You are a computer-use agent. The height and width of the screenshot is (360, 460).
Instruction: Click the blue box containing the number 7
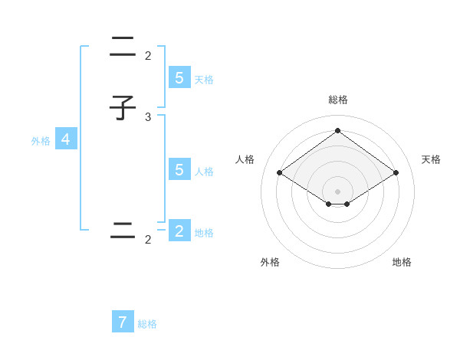tap(123, 322)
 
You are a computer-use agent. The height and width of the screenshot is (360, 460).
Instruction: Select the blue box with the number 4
tap(65, 139)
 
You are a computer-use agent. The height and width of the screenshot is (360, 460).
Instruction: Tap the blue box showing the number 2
tap(179, 231)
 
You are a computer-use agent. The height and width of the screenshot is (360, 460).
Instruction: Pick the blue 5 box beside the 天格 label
tap(179, 77)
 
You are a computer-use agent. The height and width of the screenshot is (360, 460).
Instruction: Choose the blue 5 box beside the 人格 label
tap(179, 169)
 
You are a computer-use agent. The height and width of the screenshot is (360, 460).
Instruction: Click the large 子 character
tap(123, 108)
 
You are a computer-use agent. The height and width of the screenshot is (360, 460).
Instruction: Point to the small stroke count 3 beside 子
tap(148, 116)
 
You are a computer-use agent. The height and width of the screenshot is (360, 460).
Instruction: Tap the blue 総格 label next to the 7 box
tap(147, 324)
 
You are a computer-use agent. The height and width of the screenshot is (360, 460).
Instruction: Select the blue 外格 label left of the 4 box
tap(41, 141)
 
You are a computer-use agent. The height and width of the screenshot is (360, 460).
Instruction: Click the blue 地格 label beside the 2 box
tap(204, 233)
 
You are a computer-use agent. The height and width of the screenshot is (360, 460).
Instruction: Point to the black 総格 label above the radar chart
tap(337, 100)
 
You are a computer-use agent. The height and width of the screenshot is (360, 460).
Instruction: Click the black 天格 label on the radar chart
tap(431, 159)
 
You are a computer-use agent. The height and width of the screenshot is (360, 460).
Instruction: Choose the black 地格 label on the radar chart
tap(402, 262)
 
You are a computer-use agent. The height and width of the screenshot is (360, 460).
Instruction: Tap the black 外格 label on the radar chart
tap(270, 262)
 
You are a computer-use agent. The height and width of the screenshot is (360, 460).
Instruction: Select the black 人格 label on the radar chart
tap(245, 159)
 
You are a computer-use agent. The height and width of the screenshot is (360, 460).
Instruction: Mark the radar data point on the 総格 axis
tap(337, 130)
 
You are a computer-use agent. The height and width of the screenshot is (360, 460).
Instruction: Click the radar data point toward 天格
tap(396, 173)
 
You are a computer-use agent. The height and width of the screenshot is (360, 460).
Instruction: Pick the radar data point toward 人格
tap(279, 173)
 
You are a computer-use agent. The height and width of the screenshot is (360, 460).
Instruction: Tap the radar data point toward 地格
tap(347, 204)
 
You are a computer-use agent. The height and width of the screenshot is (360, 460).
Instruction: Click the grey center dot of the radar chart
tap(337, 191)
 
